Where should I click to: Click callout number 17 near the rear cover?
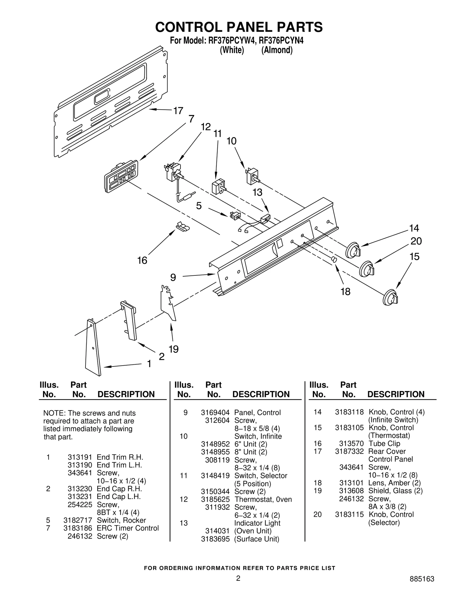178,111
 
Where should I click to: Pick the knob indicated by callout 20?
367,269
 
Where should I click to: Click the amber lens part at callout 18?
334,259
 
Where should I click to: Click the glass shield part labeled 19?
168,304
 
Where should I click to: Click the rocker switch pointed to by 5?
235,216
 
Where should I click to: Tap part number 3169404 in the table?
215,412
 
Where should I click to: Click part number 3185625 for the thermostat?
215,499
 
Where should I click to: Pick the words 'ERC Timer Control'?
128,528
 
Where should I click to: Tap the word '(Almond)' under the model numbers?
277,50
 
